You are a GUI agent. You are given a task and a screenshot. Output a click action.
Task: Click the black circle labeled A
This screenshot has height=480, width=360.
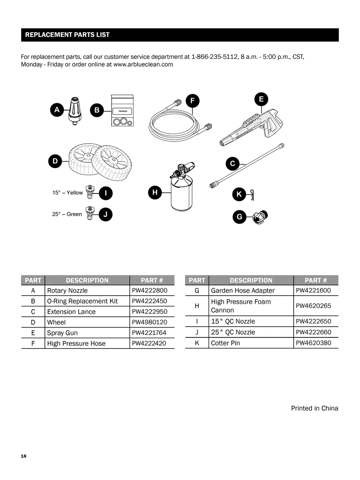[57, 110]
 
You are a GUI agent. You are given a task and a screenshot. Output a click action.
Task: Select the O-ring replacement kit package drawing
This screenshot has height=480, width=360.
[122, 111]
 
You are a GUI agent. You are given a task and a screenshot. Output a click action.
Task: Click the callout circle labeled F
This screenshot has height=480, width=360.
[192, 101]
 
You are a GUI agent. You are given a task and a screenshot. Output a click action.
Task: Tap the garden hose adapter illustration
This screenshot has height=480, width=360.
[260, 217]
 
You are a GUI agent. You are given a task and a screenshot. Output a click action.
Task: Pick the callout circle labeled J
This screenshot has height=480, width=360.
[105, 214]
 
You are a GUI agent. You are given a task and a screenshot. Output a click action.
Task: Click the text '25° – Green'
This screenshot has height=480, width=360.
[67, 214]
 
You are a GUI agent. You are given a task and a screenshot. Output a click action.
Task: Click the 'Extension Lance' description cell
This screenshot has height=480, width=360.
[72, 312]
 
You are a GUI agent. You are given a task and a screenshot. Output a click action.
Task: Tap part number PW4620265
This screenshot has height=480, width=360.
[314, 306]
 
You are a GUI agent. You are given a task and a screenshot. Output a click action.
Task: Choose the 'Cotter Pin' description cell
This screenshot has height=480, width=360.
[226, 343]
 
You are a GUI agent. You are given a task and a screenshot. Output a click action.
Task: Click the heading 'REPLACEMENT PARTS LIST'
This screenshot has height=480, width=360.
[67, 35]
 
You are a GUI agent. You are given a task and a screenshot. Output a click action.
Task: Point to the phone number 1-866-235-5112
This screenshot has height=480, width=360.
[214, 57]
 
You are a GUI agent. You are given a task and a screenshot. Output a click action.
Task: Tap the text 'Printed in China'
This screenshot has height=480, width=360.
[314, 408]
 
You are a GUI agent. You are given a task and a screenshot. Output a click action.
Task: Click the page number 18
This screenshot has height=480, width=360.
[23, 456]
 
